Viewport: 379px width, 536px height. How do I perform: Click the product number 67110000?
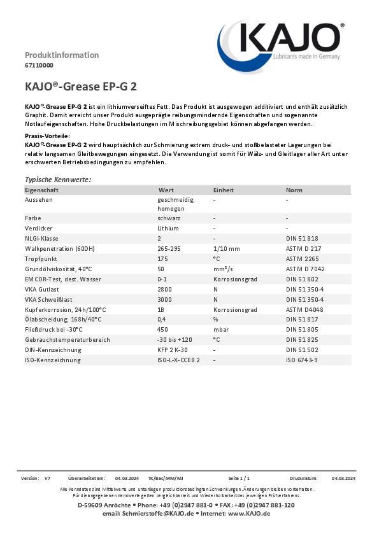click(x=39, y=65)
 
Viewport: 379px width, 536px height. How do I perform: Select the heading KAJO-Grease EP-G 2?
click(x=80, y=87)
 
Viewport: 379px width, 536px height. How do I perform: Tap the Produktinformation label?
click(x=62, y=55)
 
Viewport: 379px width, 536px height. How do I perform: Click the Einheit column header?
click(x=223, y=190)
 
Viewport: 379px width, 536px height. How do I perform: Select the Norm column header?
click(x=294, y=190)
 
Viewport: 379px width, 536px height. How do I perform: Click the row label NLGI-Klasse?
click(x=43, y=238)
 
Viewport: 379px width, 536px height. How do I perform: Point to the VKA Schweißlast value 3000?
click(x=164, y=299)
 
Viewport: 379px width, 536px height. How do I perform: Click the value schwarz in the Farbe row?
click(x=168, y=218)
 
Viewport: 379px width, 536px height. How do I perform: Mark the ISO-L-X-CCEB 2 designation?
click(x=178, y=360)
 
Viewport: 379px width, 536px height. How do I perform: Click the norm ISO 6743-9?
click(x=301, y=360)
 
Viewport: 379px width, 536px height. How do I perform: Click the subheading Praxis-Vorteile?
click(x=47, y=137)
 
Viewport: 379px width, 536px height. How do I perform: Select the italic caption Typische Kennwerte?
click(x=58, y=180)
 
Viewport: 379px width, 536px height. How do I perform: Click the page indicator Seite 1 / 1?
click(x=239, y=477)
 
